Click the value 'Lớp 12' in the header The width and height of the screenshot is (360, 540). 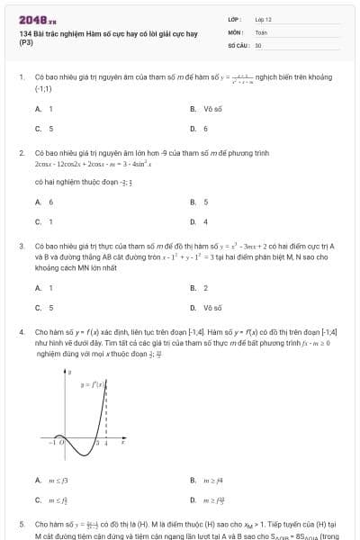(263, 18)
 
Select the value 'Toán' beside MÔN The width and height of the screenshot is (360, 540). (261, 31)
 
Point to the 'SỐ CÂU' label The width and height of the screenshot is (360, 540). (237, 44)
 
